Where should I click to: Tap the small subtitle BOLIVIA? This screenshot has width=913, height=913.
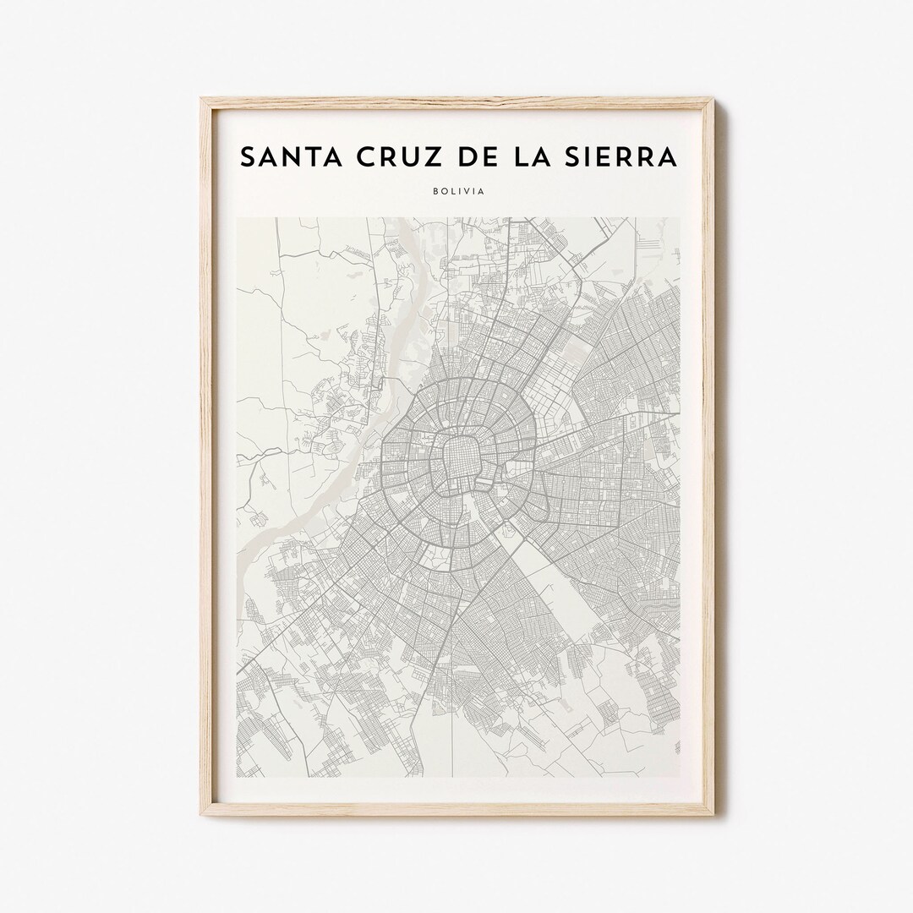pyautogui.click(x=457, y=191)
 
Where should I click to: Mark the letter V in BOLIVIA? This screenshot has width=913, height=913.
pyautogui.click(x=471, y=191)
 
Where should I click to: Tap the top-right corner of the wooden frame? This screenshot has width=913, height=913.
pyautogui.click(x=713, y=100)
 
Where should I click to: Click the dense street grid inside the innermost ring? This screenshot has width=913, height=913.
pyautogui.click(x=457, y=463)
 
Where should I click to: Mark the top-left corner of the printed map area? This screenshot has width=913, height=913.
pyautogui.click(x=236, y=217)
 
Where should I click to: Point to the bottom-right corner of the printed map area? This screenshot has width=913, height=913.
pyautogui.click(x=680, y=777)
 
